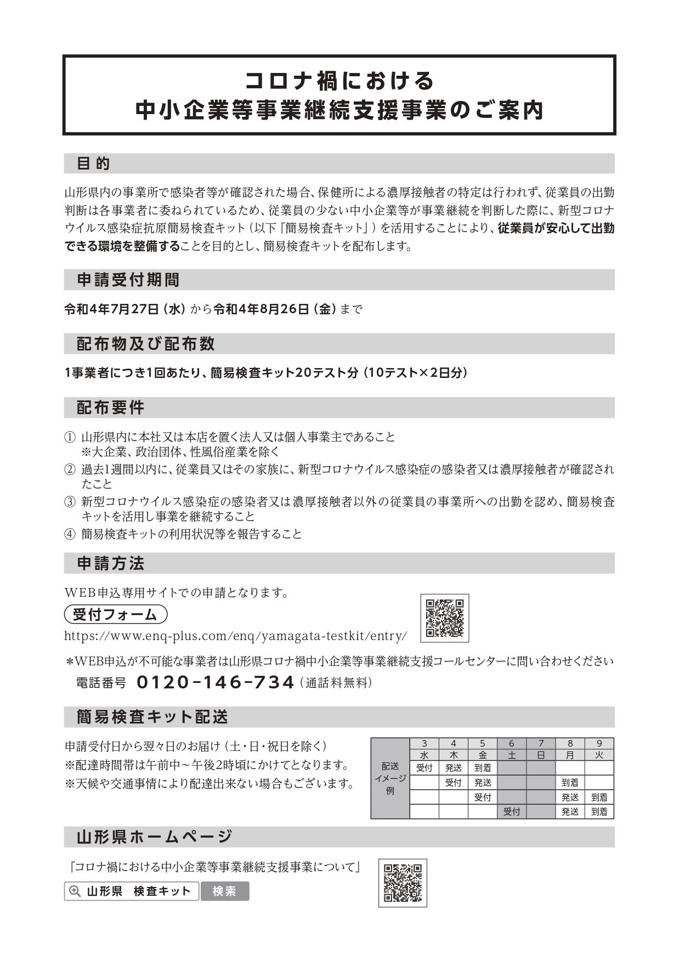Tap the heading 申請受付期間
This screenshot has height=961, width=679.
[128, 280]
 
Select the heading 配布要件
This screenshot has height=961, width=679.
[110, 408]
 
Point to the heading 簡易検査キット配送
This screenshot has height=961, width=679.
[152, 716]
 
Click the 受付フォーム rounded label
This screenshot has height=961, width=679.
[115, 614]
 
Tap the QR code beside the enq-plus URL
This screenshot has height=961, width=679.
[445, 618]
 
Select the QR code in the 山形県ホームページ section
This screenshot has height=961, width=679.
[403, 883]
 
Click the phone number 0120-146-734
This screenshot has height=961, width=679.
[215, 682]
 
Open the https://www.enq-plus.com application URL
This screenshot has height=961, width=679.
[236, 636]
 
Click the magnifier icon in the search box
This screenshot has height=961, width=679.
[74, 891]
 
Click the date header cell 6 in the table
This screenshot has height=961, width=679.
[512, 744]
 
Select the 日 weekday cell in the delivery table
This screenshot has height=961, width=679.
[541, 755]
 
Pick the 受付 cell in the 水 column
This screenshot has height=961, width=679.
[424, 768]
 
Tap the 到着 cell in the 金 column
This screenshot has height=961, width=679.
[483, 768]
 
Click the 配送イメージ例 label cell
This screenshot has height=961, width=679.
[390, 778]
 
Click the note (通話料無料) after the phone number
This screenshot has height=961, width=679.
[336, 683]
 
